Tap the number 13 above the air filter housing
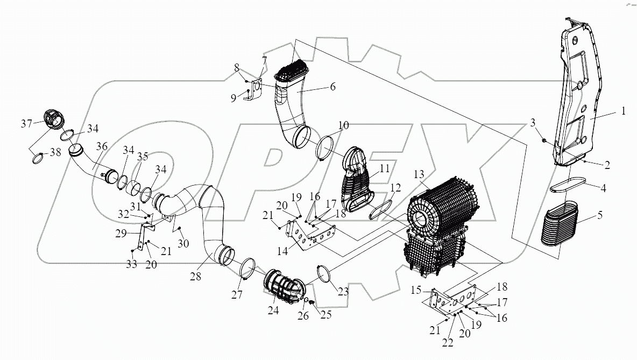[419, 175]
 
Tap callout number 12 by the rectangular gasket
[396, 188]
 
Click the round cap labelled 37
[53, 119]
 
